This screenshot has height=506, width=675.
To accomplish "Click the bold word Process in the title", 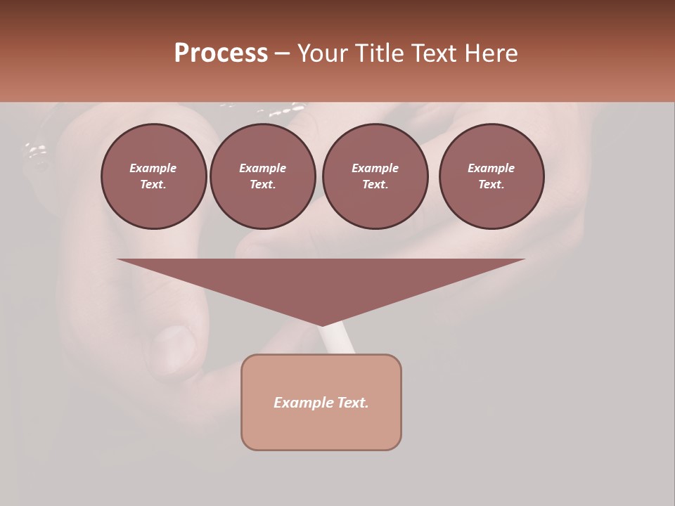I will tap(221, 53).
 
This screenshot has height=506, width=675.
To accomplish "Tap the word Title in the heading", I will tap(379, 53).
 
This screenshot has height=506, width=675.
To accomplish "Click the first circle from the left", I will tap(153, 176).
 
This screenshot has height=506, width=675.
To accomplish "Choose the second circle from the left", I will tap(262, 176).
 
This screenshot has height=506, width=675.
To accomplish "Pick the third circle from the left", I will tap(375, 176).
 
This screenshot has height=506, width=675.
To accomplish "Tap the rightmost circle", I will tap(491, 176).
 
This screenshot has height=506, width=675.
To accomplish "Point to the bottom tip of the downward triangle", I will tap(322, 325).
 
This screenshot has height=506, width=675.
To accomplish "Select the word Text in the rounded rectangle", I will tap(352, 403).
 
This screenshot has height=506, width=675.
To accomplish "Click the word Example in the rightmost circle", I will tap(491, 168).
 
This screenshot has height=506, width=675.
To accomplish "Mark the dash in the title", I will tap(283, 53).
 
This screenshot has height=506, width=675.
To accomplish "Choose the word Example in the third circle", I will tap(375, 168).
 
